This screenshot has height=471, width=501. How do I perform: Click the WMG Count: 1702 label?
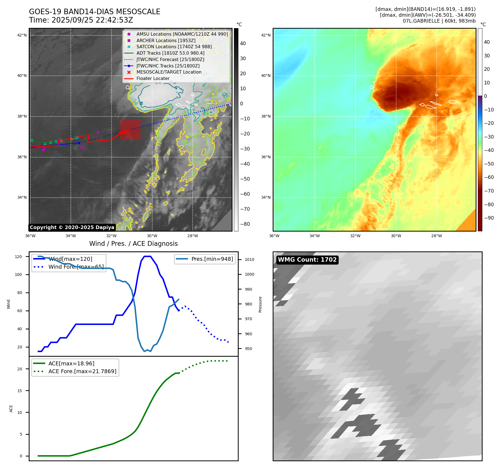[x=307, y=260]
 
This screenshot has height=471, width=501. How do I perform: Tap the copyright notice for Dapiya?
[x=72, y=227]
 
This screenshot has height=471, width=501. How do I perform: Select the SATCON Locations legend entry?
[x=174, y=47]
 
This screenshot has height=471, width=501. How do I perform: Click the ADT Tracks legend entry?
[x=170, y=53]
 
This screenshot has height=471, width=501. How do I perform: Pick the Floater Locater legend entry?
[x=153, y=79]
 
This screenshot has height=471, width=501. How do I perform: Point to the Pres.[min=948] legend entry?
[x=212, y=259]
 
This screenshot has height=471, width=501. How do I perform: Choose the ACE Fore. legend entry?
[x=82, y=371]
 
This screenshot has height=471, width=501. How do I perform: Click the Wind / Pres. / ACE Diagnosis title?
[x=133, y=244]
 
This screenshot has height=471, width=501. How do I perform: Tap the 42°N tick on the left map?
[x=22, y=35]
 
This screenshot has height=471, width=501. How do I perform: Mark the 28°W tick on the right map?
[x=436, y=236]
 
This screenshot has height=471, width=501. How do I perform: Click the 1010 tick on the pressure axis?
[x=250, y=259]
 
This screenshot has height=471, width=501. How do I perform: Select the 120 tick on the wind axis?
[x=18, y=257]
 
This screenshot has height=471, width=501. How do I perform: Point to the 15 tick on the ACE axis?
[x=20, y=391]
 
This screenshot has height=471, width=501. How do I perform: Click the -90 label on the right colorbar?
[x=489, y=218]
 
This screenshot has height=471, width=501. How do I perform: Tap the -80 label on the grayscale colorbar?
[x=245, y=224]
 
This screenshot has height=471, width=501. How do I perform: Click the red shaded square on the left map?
[x=130, y=130]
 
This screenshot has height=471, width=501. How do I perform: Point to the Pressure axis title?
[x=260, y=304]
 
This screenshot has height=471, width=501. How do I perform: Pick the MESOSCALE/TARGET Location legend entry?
[x=169, y=72]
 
